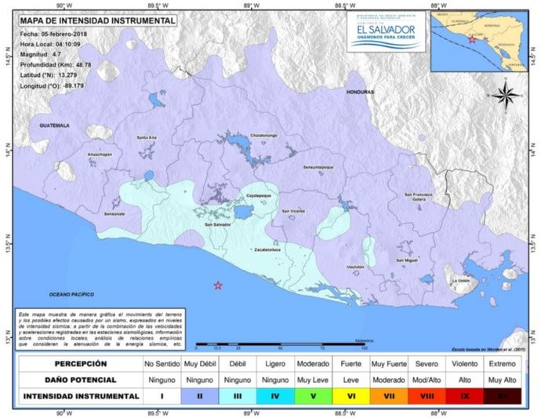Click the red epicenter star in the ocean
coord(218,285)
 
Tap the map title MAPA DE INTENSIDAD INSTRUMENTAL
coord(97,21)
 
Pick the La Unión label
coord(460,280)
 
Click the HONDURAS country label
coord(361,92)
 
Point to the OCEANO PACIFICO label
coord(71,293)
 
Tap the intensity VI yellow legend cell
coord(351,396)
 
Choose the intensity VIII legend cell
coord(427,396)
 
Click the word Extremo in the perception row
coord(502,364)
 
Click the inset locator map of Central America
coord(481,39)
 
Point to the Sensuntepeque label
coord(318,167)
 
